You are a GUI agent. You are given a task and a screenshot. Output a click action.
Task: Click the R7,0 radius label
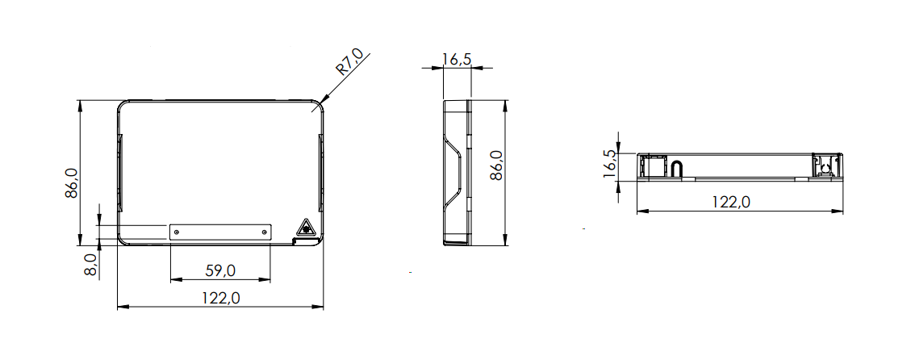point(349,63)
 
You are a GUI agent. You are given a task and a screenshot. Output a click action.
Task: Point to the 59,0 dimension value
point(221,270)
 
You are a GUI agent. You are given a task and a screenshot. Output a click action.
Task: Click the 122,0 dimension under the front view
point(221,298)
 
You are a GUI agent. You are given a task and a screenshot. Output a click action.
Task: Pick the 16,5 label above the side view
point(456,59)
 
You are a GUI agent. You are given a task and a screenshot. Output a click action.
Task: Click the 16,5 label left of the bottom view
point(609,163)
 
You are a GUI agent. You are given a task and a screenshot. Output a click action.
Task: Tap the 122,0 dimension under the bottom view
point(731,202)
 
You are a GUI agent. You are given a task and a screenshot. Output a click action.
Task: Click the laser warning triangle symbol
point(306,228)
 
